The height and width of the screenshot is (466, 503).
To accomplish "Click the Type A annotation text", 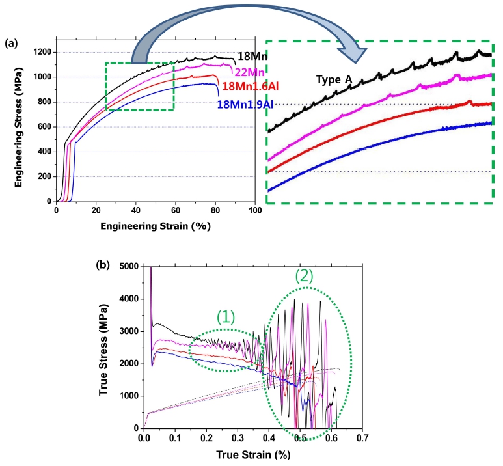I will tap(334, 79).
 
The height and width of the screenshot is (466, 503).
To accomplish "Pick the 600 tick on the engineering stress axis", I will tap(45, 127).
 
